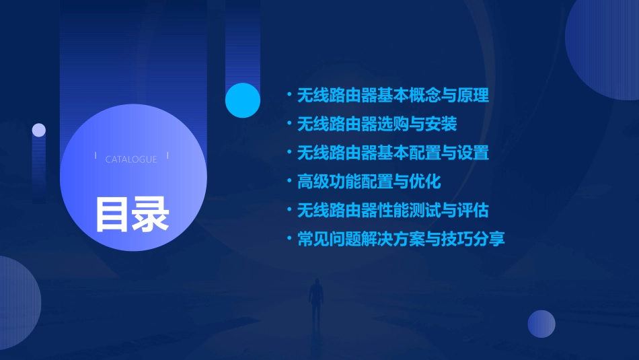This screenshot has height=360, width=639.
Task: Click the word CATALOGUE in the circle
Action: pyautogui.click(x=131, y=159)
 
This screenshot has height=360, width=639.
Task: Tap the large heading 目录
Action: pyautogui.click(x=132, y=214)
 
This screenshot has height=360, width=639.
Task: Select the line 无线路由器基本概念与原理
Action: pyautogui.click(x=393, y=95)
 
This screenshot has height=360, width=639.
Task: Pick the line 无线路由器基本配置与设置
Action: pyautogui.click(x=393, y=153)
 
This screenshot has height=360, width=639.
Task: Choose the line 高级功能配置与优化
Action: pyautogui.click(x=369, y=182)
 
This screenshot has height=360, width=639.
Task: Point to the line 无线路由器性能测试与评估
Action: pyautogui.click(x=393, y=211)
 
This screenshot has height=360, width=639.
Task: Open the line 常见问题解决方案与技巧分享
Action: pyautogui.click(x=401, y=239)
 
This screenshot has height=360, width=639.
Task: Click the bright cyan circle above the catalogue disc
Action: pyautogui.click(x=243, y=100)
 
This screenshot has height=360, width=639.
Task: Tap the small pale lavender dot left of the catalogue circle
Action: pyautogui.click(x=39, y=130)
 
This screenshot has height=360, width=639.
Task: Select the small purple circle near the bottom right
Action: pyautogui.click(x=541, y=324)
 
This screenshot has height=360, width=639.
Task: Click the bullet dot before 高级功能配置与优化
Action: pyautogui.click(x=289, y=182)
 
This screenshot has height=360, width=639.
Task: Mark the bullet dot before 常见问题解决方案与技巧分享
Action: pyautogui.click(x=289, y=239)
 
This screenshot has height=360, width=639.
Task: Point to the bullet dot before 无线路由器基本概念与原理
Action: pyautogui.click(x=289, y=95)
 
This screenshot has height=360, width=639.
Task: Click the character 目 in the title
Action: pyautogui.click(x=112, y=214)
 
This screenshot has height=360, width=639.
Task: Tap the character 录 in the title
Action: pyautogui.click(x=151, y=214)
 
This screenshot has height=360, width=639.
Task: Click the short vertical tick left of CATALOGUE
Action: pyautogui.click(x=96, y=156)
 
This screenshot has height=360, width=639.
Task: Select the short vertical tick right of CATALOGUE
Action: pyautogui.click(x=167, y=156)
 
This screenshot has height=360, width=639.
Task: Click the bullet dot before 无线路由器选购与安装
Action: pyautogui.click(x=289, y=124)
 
